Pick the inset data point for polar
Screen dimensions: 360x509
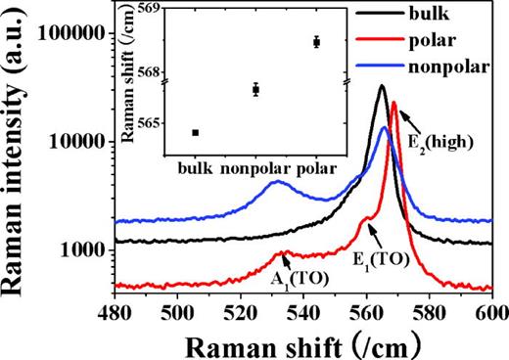click(316, 42)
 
